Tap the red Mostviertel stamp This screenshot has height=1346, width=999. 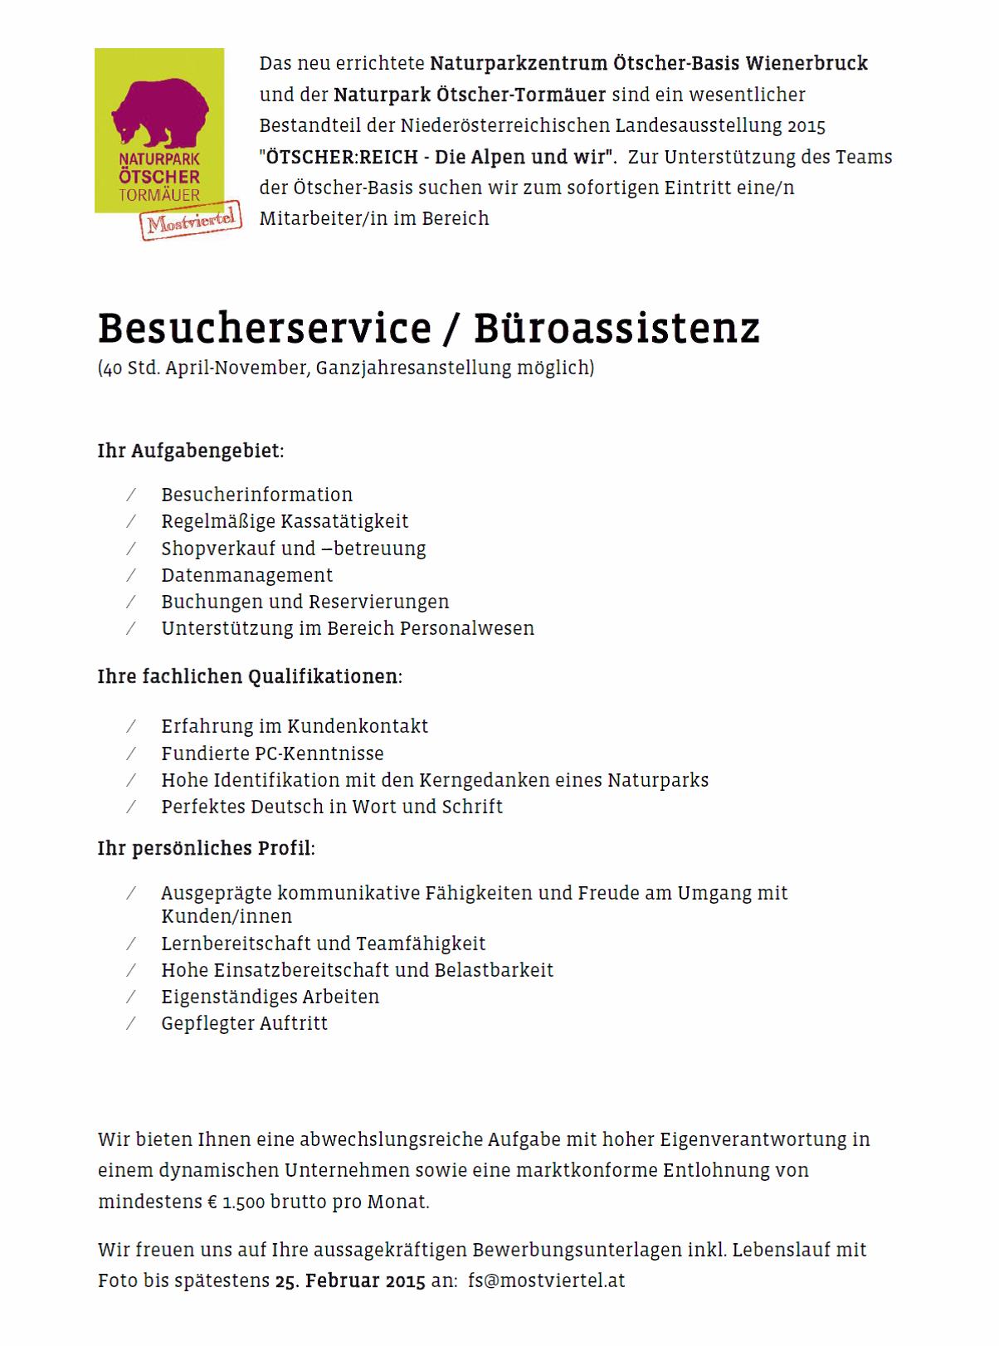(x=191, y=221)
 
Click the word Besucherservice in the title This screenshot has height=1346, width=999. (x=264, y=329)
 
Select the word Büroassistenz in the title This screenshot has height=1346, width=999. (x=616, y=329)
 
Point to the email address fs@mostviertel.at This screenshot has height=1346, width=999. (x=546, y=1280)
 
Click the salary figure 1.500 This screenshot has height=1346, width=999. (x=244, y=1202)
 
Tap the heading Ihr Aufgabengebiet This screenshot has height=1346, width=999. (x=190, y=451)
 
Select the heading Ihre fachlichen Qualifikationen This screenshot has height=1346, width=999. (x=249, y=676)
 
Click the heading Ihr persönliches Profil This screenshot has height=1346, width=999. (x=206, y=848)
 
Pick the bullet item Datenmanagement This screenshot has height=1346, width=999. (x=246, y=575)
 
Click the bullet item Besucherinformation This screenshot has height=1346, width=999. (x=256, y=495)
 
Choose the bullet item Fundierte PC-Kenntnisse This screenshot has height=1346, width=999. (x=272, y=753)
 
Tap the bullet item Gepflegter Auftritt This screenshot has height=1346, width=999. (x=244, y=1023)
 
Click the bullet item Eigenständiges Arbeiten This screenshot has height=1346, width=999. (x=270, y=997)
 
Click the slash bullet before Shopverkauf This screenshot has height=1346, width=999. (x=131, y=549)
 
